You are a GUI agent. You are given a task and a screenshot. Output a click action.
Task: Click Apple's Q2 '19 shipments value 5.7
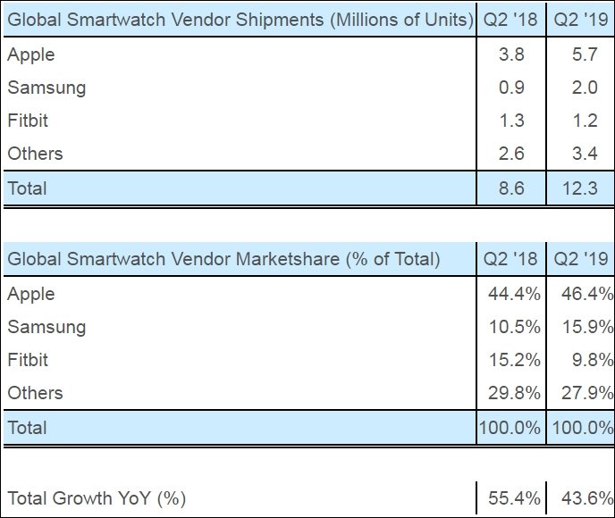pyautogui.click(x=585, y=54)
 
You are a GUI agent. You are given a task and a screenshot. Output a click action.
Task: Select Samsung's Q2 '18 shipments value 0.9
pyautogui.click(x=511, y=87)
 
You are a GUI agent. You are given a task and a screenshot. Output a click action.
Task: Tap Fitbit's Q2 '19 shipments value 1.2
pyautogui.click(x=585, y=121)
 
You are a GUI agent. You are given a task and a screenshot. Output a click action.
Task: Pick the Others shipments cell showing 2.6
pyautogui.click(x=511, y=154)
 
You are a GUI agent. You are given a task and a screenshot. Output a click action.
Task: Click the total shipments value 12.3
pyautogui.click(x=580, y=188)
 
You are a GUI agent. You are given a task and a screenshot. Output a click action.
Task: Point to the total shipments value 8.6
pyautogui.click(x=511, y=188)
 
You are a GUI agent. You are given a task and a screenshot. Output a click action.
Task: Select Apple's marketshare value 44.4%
pyautogui.click(x=514, y=294)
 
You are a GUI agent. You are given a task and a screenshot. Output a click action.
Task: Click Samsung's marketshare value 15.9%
pyautogui.click(x=587, y=327)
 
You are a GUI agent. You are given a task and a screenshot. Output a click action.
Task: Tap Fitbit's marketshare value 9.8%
pyautogui.click(x=593, y=360)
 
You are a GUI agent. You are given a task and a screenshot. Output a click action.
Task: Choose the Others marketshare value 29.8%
pyautogui.click(x=514, y=393)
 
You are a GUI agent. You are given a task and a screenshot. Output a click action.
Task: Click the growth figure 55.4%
pyautogui.click(x=514, y=498)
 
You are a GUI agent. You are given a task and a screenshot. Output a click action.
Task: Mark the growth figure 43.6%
pyautogui.click(x=587, y=498)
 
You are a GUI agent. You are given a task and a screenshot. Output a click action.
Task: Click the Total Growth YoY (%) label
pyautogui.click(x=97, y=498)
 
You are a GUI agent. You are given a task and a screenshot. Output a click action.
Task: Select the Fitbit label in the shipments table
pyautogui.click(x=28, y=121)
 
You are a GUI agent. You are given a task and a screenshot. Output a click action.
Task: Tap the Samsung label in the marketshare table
pyautogui.click(x=46, y=327)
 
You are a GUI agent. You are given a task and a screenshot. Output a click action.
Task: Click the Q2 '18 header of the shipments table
pyautogui.click(x=510, y=20)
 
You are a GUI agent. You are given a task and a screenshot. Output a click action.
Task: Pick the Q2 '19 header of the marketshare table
pyautogui.click(x=581, y=259)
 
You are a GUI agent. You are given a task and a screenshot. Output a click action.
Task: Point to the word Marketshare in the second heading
pyautogui.click(x=288, y=259)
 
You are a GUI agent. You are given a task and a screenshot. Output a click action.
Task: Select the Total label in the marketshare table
pyautogui.click(x=27, y=428)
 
